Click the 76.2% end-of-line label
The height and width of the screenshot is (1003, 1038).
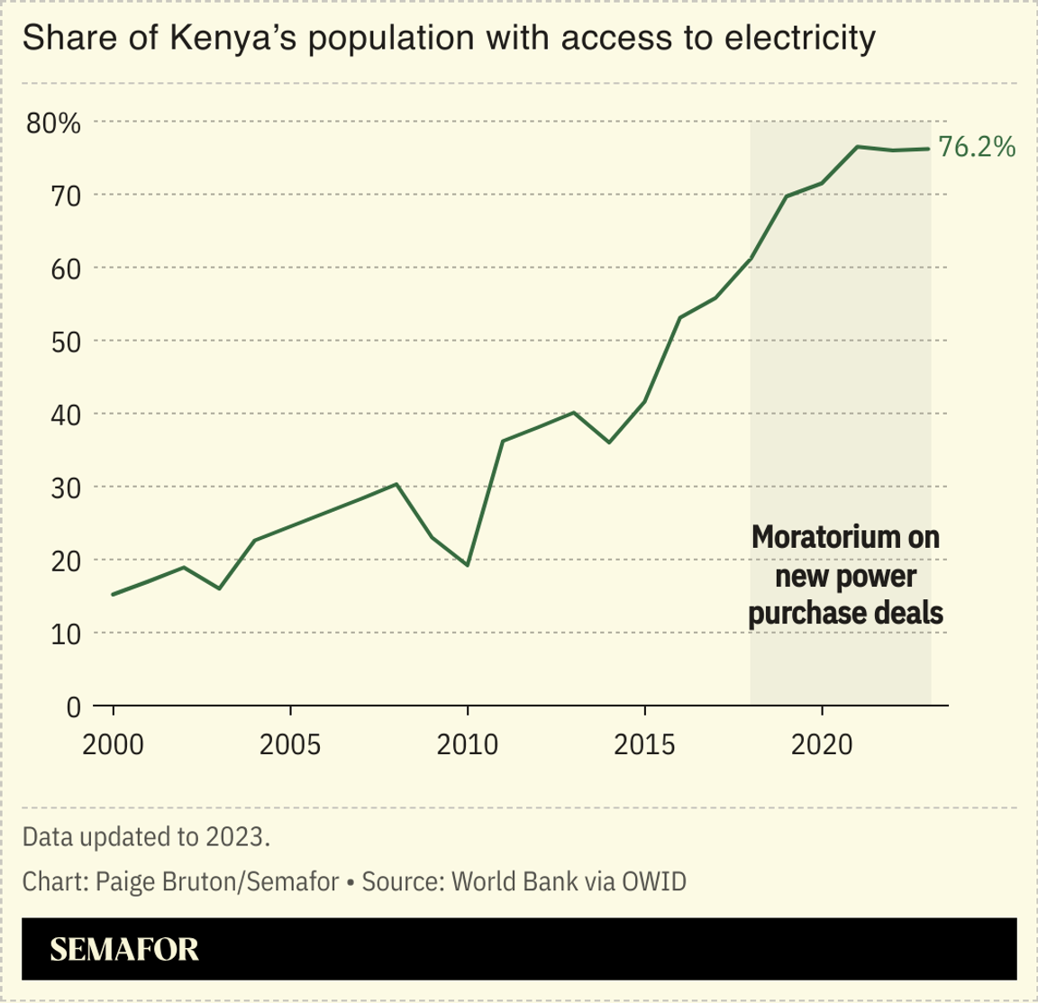tap(977, 147)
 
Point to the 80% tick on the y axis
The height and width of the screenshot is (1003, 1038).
tap(53, 123)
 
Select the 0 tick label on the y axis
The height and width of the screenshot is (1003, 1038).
tap(73, 707)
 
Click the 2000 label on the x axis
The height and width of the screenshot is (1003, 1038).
tap(114, 744)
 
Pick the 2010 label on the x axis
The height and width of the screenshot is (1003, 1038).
tap(467, 744)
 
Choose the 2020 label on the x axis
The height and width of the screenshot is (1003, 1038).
tap(821, 744)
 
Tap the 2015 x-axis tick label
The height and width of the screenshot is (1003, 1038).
tap(644, 744)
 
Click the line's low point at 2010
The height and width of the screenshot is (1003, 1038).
tap(467, 565)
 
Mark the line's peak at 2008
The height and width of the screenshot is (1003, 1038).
tap(396, 484)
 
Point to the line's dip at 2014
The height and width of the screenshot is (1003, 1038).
tap(609, 442)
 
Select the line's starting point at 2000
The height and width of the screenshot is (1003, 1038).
tap(114, 594)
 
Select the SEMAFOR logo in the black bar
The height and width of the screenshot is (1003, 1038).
tap(124, 949)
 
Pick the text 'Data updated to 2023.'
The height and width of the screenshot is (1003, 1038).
tap(146, 836)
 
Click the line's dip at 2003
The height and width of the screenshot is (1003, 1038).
tap(219, 588)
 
